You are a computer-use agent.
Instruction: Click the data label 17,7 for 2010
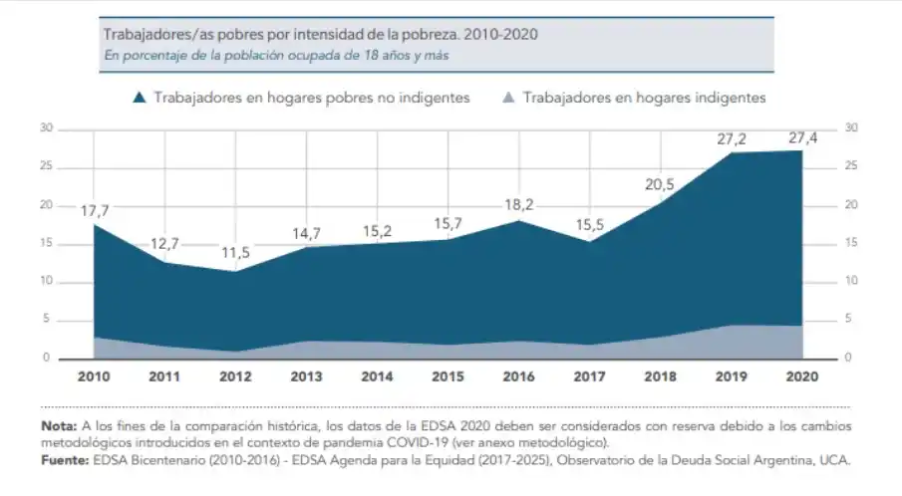[96, 210]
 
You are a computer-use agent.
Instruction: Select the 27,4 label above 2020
[801, 138]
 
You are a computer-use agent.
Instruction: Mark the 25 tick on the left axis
[46, 166]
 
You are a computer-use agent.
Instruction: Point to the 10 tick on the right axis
[849, 281]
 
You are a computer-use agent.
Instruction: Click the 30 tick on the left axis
[46, 128]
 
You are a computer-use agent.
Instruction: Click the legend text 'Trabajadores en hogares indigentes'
[644, 98]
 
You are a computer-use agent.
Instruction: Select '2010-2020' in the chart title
[504, 34]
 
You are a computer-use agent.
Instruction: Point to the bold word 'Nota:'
[58, 425]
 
